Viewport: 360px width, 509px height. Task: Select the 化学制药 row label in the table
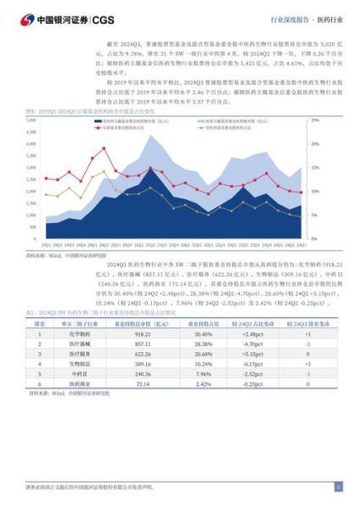82,333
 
